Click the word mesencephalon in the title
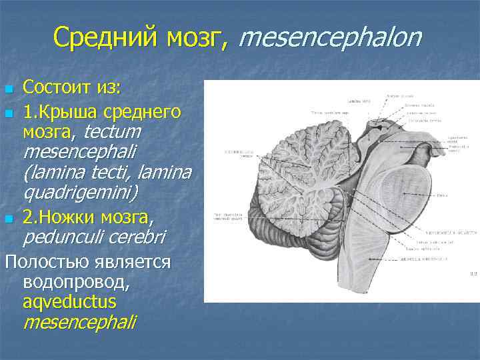click(x=331, y=39)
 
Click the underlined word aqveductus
click(x=69, y=301)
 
